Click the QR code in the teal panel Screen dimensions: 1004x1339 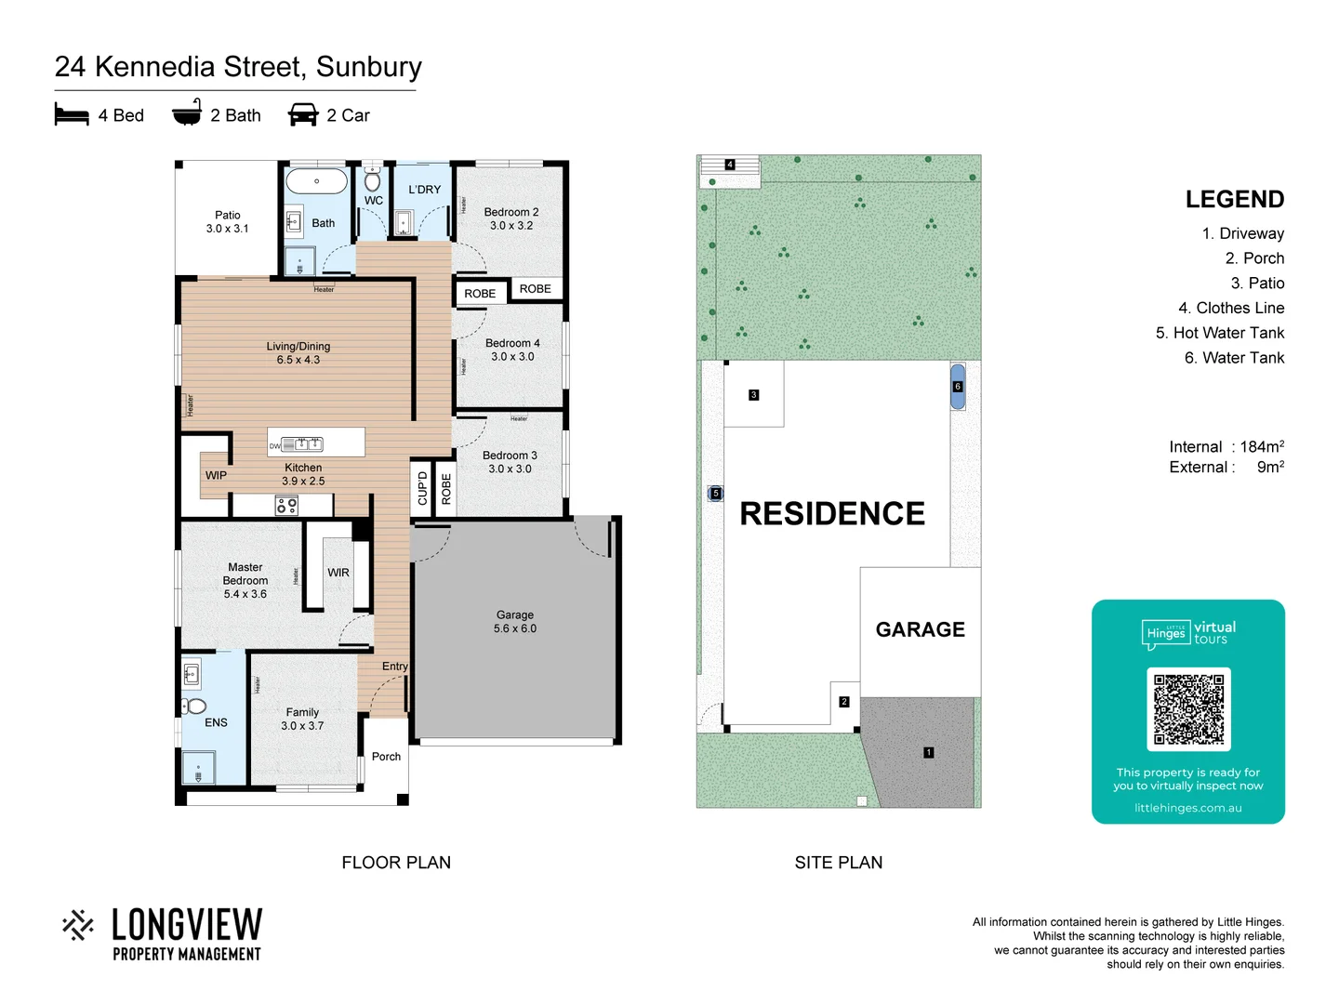[1188, 708]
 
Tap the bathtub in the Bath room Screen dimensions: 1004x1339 [316, 180]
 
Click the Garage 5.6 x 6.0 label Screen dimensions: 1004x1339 [515, 622]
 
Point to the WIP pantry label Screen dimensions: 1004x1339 [216, 475]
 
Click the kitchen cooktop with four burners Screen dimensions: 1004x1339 [286, 506]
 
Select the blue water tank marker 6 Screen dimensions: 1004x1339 [958, 387]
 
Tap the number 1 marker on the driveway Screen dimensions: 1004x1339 [928, 752]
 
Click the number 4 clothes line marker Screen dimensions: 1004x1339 [730, 165]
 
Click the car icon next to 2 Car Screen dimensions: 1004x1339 [303, 115]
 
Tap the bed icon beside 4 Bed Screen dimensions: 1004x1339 [72, 115]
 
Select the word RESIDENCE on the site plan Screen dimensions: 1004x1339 [832, 513]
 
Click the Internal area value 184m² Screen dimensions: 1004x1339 [1262, 447]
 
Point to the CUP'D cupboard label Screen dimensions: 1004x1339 [422, 488]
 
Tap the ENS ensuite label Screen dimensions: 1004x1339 [216, 722]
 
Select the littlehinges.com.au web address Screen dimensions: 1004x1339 [1187, 808]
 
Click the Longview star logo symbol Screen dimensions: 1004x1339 [78, 925]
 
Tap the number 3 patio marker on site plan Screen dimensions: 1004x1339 [753, 395]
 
